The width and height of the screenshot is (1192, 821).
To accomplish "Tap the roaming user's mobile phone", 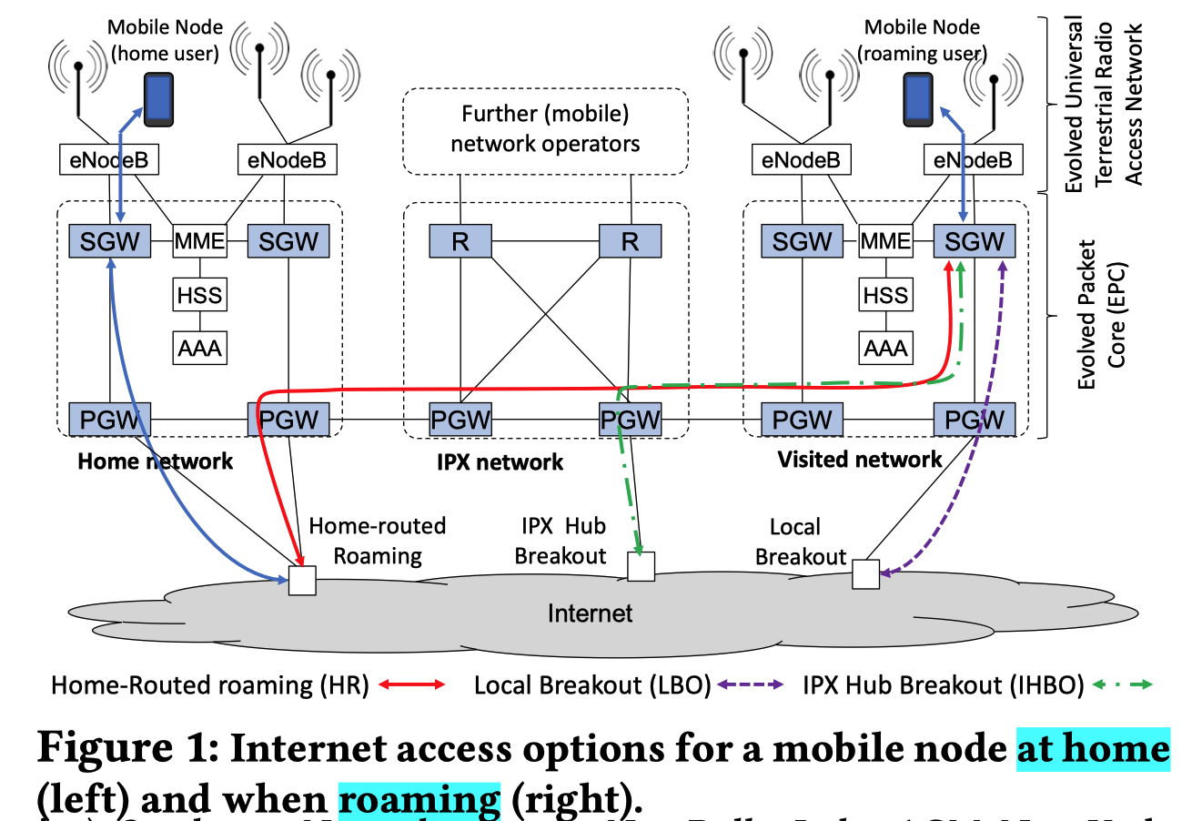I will [917, 99].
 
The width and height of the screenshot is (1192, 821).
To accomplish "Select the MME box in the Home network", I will [199, 241].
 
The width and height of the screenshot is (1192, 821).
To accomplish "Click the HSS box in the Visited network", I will [885, 295].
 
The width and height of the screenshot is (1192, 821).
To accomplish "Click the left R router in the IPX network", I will [460, 241].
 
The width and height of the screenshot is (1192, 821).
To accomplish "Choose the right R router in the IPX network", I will [630, 241].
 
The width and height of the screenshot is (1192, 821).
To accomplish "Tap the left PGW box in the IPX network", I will [460, 420].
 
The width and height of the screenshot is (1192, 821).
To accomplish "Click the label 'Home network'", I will [155, 461].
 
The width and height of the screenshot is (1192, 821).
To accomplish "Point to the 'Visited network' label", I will [860, 460].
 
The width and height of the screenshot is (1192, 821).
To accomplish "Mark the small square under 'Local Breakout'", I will [865, 574].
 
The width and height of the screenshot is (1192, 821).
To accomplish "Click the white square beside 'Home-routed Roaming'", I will [302, 580].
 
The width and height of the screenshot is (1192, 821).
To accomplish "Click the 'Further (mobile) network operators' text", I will [545, 129].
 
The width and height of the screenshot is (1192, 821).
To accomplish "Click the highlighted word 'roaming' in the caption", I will [419, 798].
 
